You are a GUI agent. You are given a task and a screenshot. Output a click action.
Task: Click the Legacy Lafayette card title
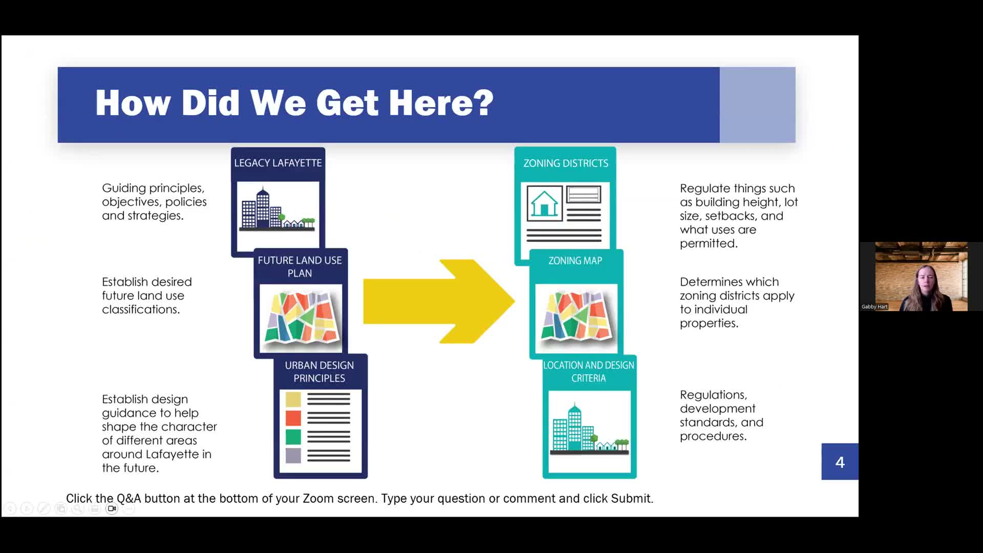click(x=278, y=163)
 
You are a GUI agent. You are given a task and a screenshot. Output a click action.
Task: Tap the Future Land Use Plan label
click(x=300, y=266)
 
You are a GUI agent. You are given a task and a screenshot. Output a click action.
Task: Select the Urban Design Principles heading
click(x=319, y=371)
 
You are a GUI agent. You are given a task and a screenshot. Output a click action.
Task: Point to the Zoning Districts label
click(x=565, y=163)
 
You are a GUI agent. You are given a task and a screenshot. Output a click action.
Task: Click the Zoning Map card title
click(x=575, y=261)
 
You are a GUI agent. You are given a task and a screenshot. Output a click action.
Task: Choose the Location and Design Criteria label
click(x=588, y=371)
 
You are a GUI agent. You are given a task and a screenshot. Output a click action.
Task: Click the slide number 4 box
click(x=840, y=462)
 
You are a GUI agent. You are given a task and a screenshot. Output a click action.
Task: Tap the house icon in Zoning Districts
click(x=544, y=203)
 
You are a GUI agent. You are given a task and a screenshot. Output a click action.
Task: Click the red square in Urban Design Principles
click(x=293, y=418)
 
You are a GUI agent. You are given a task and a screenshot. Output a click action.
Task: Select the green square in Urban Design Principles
click(x=293, y=437)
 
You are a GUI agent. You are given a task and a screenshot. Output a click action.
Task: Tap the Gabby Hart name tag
click(x=874, y=307)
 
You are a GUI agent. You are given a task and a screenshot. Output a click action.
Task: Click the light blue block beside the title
click(x=757, y=105)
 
